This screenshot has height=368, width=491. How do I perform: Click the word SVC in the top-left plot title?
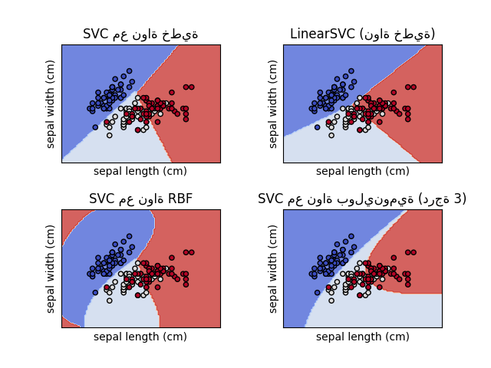point(96,34)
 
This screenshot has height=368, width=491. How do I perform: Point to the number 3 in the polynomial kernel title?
point(460,199)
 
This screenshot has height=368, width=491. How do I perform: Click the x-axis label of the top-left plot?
point(140,171)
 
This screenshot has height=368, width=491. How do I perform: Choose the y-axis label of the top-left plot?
point(51,103)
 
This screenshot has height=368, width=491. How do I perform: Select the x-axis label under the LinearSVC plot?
point(362,171)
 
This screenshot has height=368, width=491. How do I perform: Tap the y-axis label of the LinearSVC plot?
point(273,103)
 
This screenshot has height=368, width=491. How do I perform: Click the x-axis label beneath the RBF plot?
point(140,337)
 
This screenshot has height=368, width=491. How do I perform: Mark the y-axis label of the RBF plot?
point(51,268)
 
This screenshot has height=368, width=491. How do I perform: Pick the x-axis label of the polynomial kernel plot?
point(362,337)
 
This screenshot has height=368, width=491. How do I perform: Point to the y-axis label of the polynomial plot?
point(273,268)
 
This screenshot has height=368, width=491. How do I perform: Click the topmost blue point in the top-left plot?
point(130,71)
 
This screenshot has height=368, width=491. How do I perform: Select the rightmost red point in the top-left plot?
point(191,87)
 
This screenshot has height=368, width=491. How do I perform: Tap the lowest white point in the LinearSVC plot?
point(331,135)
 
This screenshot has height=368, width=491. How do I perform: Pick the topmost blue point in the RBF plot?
point(130,235)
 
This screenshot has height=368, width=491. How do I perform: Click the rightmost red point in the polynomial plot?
point(413,252)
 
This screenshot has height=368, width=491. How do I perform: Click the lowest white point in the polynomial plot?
point(331,301)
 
